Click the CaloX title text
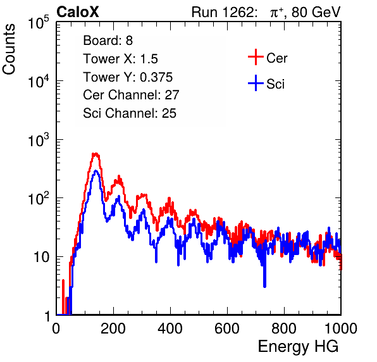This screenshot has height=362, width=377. pyautogui.click(x=77, y=12)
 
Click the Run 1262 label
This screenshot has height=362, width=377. pyautogui.click(x=223, y=12)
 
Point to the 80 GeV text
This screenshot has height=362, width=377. pyautogui.click(x=316, y=13)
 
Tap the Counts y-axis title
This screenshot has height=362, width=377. pyautogui.click(x=9, y=49)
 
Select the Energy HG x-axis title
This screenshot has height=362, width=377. pyautogui.click(x=299, y=347)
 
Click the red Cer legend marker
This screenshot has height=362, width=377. pyautogui.click(x=256, y=57)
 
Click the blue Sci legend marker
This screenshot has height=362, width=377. pyautogui.click(x=256, y=84)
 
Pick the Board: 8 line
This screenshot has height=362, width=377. pyautogui.click(x=108, y=41)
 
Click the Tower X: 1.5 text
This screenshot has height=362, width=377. pyautogui.click(x=120, y=59)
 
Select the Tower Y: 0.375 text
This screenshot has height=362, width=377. pyautogui.click(x=128, y=77)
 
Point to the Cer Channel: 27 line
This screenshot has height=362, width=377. pyautogui.click(x=132, y=95)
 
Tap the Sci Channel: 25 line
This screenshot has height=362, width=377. pyautogui.click(x=130, y=113)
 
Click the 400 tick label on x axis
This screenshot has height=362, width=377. pyautogui.click(x=170, y=328)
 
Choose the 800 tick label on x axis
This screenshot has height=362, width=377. pyautogui.click(x=284, y=328)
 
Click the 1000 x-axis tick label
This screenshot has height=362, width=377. pyautogui.click(x=341, y=328)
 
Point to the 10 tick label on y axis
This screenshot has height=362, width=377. pyautogui.click(x=42, y=257)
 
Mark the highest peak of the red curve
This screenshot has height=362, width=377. pyautogui.click(x=96, y=153)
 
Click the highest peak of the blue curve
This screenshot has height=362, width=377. pyautogui.click(x=96, y=171)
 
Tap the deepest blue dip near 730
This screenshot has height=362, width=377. pyautogui.click(x=264, y=286)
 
